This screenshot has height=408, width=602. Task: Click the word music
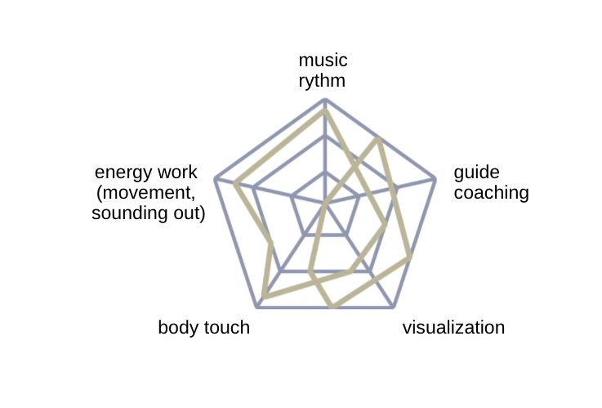323,61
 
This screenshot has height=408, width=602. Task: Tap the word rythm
322,82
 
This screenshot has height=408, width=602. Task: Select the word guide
476,173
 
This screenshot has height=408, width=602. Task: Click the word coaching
491,193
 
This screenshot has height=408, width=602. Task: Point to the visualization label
453,328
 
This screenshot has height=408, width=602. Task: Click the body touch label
204,328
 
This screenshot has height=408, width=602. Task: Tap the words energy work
146,173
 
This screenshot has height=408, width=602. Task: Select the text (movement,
146,193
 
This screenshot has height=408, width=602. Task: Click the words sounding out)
148,213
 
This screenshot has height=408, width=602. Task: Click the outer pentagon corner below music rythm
325,100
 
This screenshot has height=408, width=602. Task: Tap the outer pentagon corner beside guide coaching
435,179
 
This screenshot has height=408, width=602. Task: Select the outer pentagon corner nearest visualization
393,307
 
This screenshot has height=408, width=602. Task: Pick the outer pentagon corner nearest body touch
257,307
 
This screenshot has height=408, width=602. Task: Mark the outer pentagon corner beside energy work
216,179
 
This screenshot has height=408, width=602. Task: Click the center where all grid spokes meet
325,203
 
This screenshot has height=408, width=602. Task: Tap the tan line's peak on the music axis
325,111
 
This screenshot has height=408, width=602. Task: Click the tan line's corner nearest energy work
235,184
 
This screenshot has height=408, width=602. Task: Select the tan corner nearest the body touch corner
265,297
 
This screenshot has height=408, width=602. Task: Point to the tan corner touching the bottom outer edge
333,306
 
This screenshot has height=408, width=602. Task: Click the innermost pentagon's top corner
325,173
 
